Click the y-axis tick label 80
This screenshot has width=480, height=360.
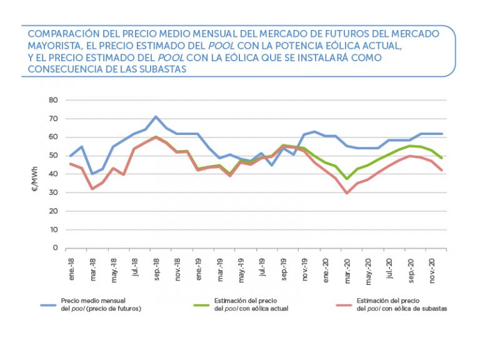pyautogui.click(x=54, y=100)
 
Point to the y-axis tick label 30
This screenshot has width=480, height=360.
pyautogui.click(x=54, y=192)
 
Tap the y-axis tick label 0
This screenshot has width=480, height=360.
pyautogui.click(x=56, y=248)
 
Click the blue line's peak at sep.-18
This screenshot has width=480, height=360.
pyautogui.click(x=156, y=117)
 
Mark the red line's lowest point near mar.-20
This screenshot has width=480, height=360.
pyautogui.click(x=347, y=193)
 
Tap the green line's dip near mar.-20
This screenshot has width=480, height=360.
pyautogui.click(x=347, y=179)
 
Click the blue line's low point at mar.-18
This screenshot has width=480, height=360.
pyautogui.click(x=92, y=174)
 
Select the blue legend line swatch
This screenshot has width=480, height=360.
pyautogui.click(x=49, y=304)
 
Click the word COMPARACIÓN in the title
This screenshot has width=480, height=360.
pyautogui.click(x=63, y=34)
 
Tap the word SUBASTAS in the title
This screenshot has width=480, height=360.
pyautogui.click(x=165, y=69)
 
